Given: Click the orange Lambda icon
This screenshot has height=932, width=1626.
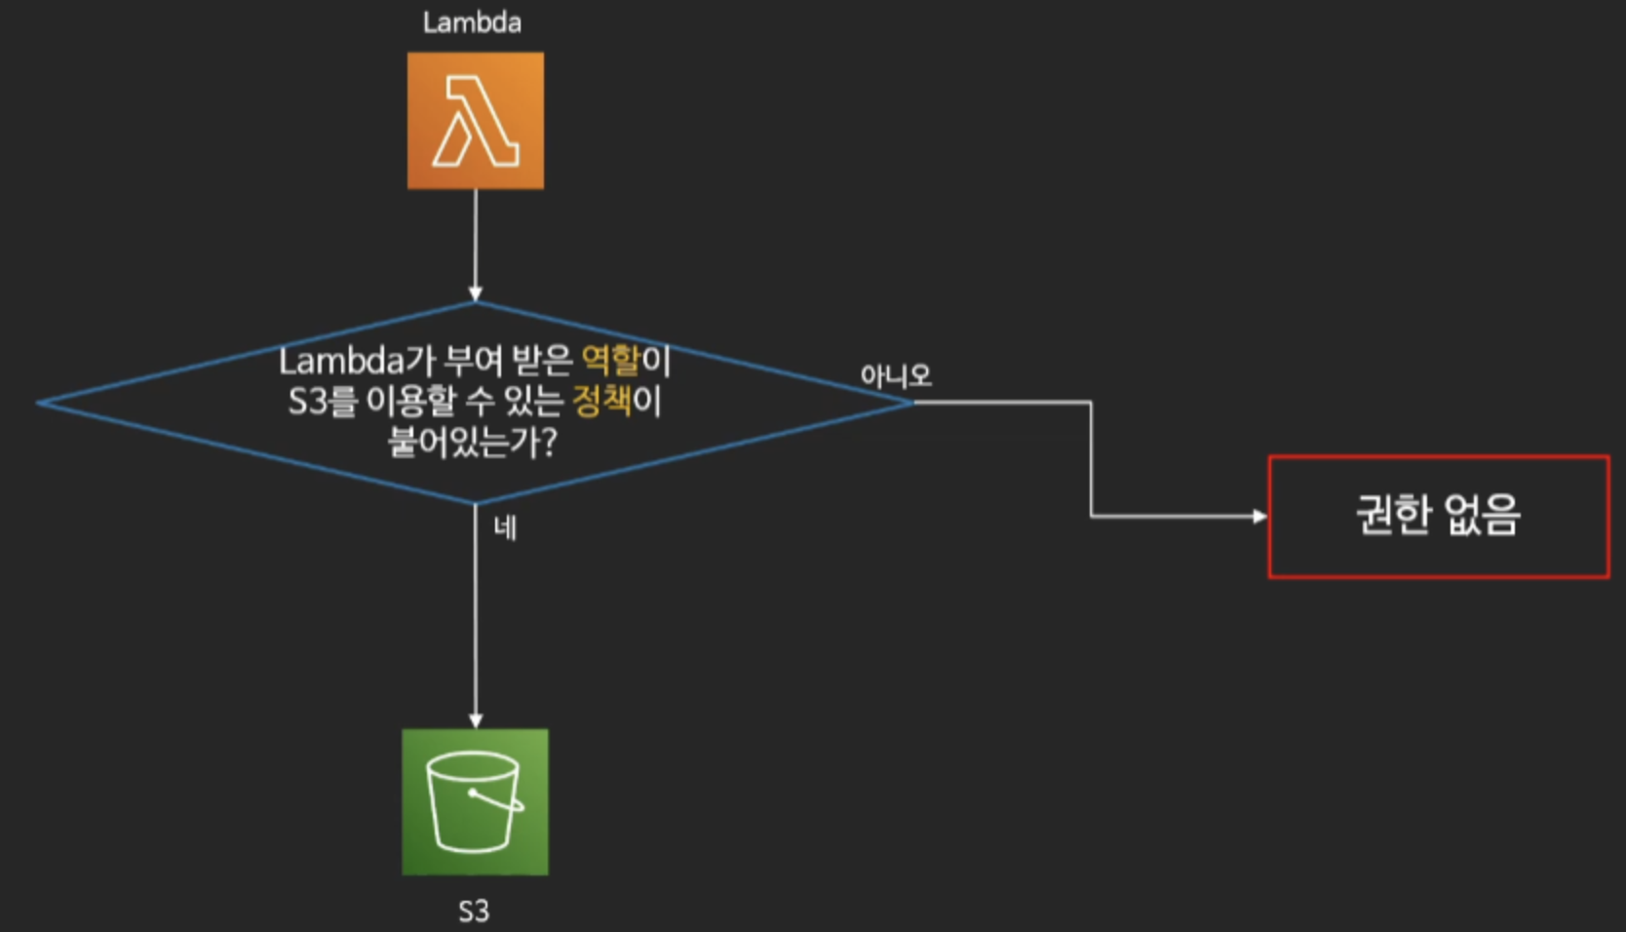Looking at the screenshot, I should tap(476, 121).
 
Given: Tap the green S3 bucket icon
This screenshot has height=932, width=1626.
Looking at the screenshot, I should tap(476, 801).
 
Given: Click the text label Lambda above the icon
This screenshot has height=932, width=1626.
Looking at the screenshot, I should tap(472, 22).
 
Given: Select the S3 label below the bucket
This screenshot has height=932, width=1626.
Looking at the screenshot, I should tap(474, 912).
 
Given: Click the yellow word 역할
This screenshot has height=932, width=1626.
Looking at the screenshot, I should tap(610, 361).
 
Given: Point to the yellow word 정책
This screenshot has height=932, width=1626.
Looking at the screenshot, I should tap(601, 401).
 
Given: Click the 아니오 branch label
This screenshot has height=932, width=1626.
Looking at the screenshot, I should tap(895, 376).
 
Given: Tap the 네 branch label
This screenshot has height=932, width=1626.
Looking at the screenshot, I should tap(505, 528).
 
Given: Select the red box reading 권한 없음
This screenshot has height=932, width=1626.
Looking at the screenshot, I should tap(1438, 517).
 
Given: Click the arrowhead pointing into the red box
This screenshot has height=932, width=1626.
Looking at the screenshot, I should tap(1260, 517).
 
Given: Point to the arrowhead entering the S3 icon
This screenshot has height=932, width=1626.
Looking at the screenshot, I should tap(476, 721).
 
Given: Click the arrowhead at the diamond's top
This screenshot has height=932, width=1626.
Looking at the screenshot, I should tap(476, 293).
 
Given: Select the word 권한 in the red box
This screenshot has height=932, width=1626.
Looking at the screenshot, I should tap(1392, 515).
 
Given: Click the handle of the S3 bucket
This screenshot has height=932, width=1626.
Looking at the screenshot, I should tap(498, 800).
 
